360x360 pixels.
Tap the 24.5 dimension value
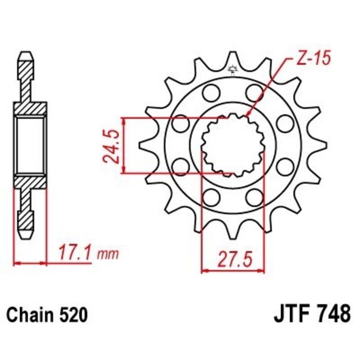111,146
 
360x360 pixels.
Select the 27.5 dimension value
233,260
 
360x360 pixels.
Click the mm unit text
108,255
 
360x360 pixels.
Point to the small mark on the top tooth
233,69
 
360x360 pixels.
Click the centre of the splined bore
233,145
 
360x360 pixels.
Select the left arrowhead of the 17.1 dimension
17,261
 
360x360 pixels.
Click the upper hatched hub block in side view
30,109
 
